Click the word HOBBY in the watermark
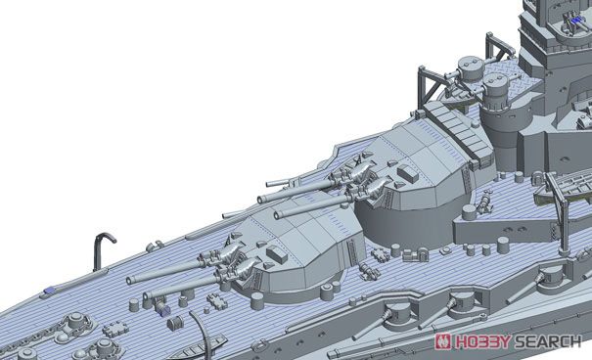(482, 341)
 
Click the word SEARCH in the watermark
(547, 341)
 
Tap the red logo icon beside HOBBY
(444, 341)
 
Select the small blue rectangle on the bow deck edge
(50, 291)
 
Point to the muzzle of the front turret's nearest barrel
(147, 295)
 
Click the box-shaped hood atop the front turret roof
(277, 254)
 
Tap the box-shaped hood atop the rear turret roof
(408, 172)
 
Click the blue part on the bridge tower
(576, 22)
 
